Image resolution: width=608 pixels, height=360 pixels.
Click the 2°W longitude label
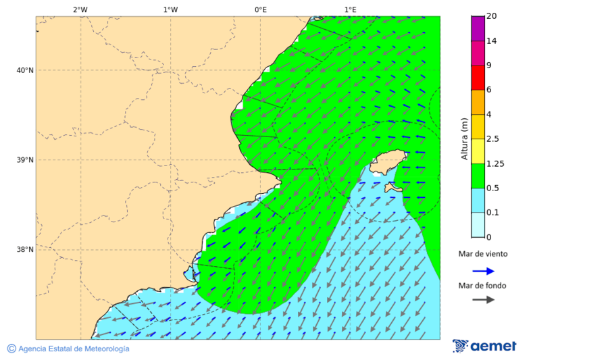pyautogui.click(x=80, y=9)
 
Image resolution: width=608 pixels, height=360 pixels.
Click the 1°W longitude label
pyautogui.click(x=170, y=9)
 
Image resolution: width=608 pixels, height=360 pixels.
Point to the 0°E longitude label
pyautogui.click(x=260, y=9)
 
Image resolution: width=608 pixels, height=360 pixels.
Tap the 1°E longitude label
pyautogui.click(x=350, y=9)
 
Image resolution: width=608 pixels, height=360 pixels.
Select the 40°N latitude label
pyautogui.click(x=25, y=70)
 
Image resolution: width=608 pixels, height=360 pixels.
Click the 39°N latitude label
pyautogui.click(x=25, y=160)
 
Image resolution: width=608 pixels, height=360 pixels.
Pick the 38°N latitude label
pyautogui.click(x=25, y=250)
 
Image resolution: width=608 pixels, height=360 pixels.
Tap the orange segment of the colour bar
pyautogui.click(x=478, y=102)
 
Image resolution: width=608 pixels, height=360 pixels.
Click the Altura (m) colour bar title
pyautogui.click(x=465, y=138)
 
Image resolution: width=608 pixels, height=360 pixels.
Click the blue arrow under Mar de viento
pyautogui.click(x=483, y=272)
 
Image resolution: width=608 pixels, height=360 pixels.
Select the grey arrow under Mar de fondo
pyautogui.click(x=483, y=300)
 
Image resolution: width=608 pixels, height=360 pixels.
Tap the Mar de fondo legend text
pyautogui.click(x=482, y=286)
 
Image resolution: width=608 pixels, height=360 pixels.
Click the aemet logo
pyautogui.click(x=484, y=346)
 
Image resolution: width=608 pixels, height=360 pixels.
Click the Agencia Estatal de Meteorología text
pyautogui.click(x=73, y=349)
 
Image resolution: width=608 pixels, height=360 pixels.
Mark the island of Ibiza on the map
pyautogui.click(x=386, y=162)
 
